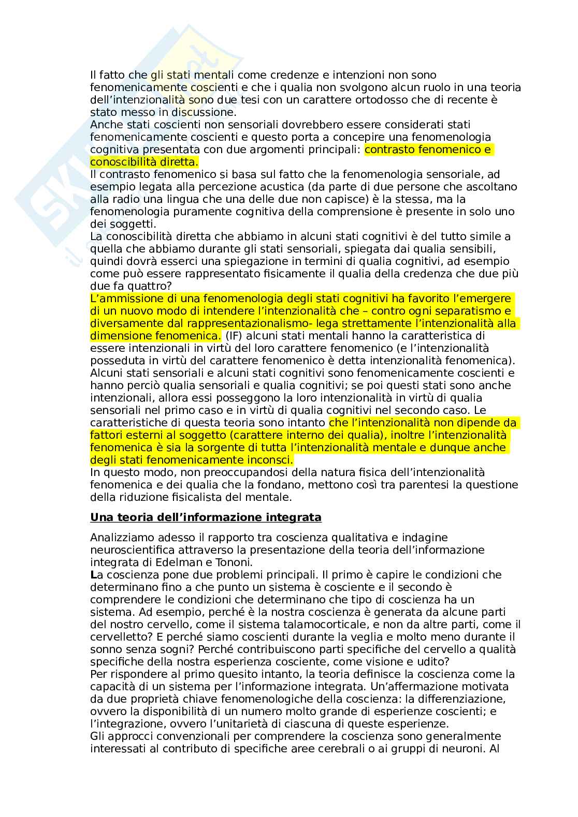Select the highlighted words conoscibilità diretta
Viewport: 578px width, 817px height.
click(x=143, y=162)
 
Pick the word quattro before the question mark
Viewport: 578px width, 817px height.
click(x=144, y=286)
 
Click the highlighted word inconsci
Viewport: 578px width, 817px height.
click(x=272, y=460)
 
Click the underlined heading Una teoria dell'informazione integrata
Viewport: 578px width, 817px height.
click(x=206, y=517)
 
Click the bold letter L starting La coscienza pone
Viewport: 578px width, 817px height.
click(x=93, y=575)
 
